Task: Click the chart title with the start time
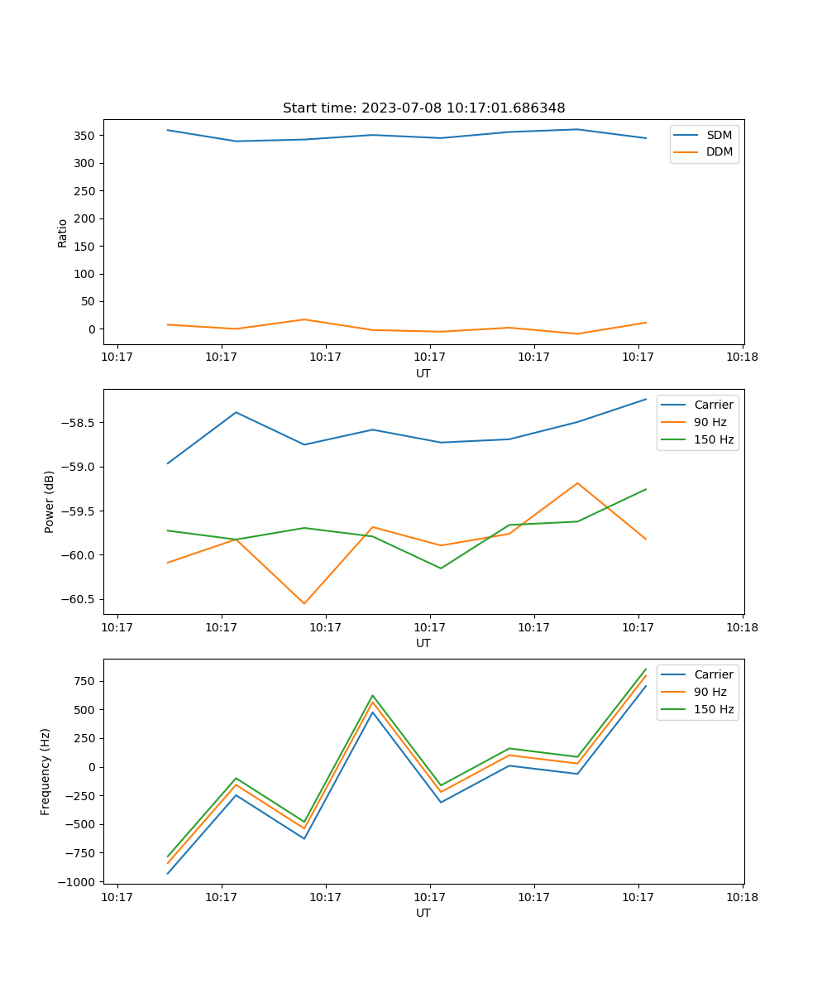423,108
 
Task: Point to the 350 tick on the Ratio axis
85,136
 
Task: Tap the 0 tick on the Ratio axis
93,329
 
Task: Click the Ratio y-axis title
63,233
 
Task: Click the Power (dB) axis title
50,501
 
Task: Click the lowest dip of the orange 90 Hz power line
304,603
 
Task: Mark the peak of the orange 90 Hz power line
577,483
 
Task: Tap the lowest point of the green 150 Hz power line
441,568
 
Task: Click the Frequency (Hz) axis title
45,771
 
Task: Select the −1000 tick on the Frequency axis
78,882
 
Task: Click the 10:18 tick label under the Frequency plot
743,896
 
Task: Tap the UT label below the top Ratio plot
423,373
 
